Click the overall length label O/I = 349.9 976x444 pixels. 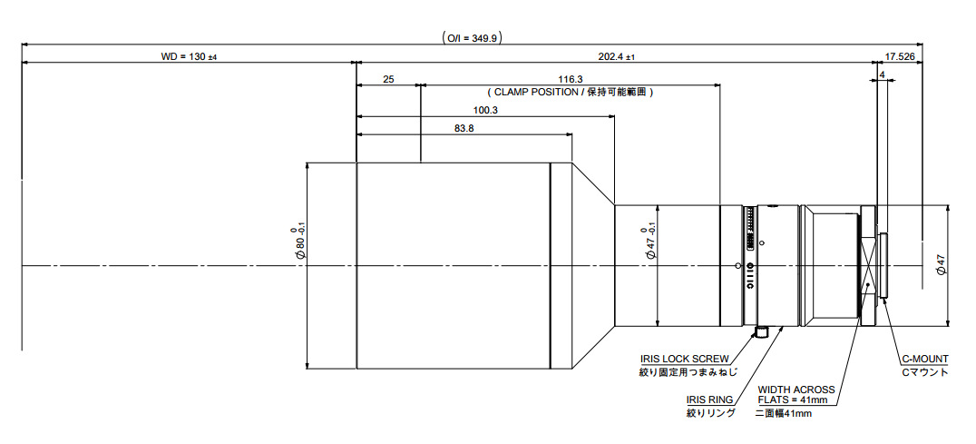pyautogui.click(x=472, y=38)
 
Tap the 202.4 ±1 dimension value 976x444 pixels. pyautogui.click(x=617, y=56)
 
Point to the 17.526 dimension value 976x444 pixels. pyautogui.click(x=900, y=56)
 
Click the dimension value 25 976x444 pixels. pyautogui.click(x=388, y=80)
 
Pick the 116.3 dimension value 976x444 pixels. pyautogui.click(x=571, y=80)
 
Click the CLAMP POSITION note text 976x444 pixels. pyautogui.click(x=571, y=93)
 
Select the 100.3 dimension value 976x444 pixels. pyautogui.click(x=486, y=110)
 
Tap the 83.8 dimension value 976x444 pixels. pyautogui.click(x=464, y=129)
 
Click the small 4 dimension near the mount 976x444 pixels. pyautogui.click(x=882, y=73)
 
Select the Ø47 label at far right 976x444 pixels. pyautogui.click(x=941, y=266)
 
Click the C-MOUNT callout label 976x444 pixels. pyautogui.click(x=923, y=360)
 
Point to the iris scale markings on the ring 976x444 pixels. pyautogui.click(x=748, y=232)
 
